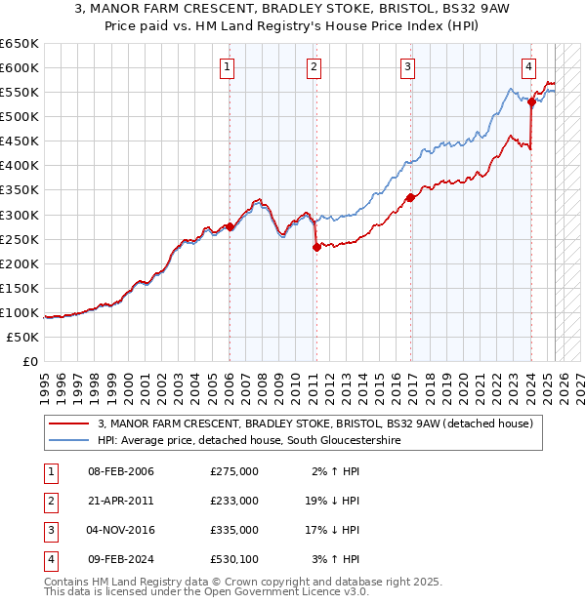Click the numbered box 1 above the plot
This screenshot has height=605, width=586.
(227, 67)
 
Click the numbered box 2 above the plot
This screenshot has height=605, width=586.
(314, 67)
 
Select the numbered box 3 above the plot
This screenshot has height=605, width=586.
(407, 67)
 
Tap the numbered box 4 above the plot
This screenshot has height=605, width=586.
(528, 67)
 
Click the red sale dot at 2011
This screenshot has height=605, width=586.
(316, 247)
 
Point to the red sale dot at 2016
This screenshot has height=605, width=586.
(410, 197)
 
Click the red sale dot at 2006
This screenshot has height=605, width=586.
(230, 226)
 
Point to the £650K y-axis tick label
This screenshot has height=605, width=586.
(20, 44)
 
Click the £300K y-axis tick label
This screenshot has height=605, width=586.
(20, 215)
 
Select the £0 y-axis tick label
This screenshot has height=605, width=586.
(29, 361)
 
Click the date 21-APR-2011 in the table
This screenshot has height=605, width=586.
(121, 500)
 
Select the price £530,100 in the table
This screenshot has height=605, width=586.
(234, 559)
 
